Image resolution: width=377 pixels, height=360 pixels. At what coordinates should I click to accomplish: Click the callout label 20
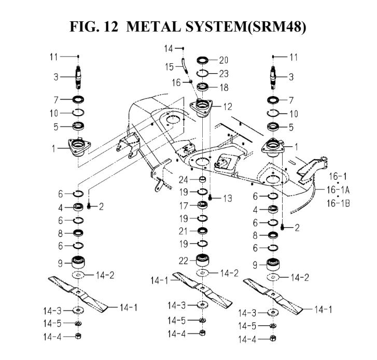click(x=224, y=60)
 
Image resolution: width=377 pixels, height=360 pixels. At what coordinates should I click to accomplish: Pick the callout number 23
click(x=224, y=74)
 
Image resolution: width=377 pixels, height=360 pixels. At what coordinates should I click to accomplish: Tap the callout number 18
click(x=224, y=88)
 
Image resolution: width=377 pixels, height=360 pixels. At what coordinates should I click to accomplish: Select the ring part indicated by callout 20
click(x=202, y=60)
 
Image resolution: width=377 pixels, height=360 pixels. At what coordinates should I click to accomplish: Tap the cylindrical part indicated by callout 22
click(x=202, y=259)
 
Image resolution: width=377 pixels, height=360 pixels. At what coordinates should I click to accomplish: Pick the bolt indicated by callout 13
click(x=211, y=198)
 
